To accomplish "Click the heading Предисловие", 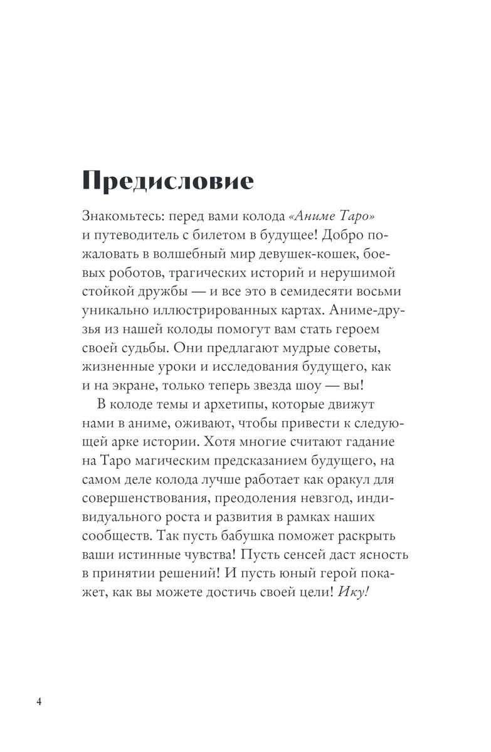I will [168, 181].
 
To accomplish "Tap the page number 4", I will [39, 701].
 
